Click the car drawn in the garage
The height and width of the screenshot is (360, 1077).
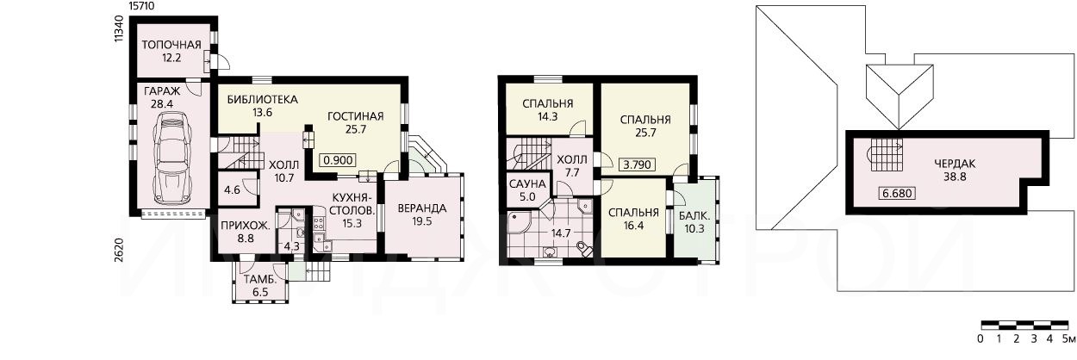tap(171, 158)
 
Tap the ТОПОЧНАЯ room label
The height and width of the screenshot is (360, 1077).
tap(171, 45)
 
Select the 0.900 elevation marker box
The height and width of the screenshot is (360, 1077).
tap(339, 160)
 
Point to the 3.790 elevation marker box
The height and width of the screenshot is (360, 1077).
tap(638, 164)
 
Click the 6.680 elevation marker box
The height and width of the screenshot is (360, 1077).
tap(897, 193)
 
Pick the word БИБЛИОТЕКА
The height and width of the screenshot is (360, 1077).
tap(263, 100)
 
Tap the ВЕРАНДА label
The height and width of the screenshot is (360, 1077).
tap(421, 208)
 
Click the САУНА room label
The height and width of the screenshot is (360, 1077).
tap(527, 184)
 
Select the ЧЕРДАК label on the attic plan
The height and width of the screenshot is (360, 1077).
tap(955, 164)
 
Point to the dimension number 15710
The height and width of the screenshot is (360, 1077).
tap(142, 6)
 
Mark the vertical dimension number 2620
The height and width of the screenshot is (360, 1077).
tap(120, 250)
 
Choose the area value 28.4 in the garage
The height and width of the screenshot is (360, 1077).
tap(162, 104)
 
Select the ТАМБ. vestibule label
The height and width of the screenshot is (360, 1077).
tap(259, 280)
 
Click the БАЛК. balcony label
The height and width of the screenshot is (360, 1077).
tap(694, 216)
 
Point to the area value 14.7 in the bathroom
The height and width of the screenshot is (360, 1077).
tap(561, 233)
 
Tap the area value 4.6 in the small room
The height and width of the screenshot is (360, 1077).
tap(233, 190)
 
